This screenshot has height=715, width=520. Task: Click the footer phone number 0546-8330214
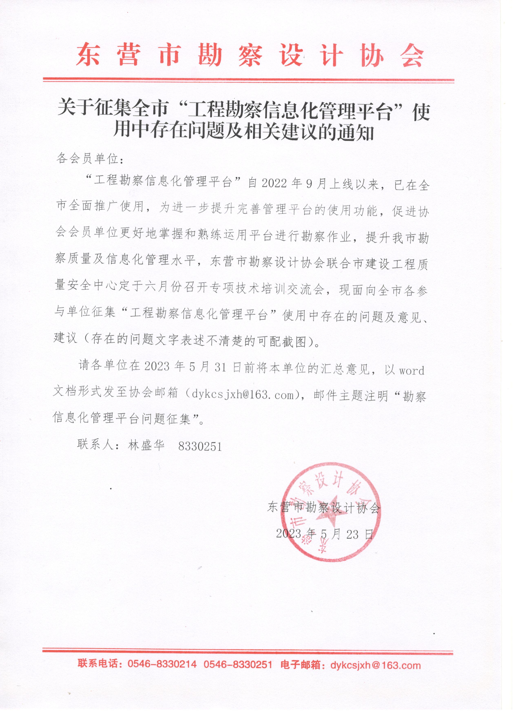click(x=162, y=665)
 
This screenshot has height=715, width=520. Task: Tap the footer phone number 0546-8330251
click(x=238, y=665)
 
